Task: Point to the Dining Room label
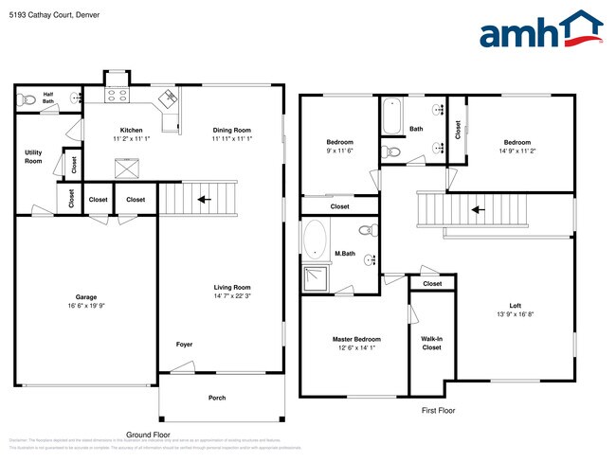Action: pos(231,130)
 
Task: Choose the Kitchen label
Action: pos(131,130)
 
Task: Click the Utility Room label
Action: pos(33,156)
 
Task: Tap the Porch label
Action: pos(217,398)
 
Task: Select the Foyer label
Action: pos(184,344)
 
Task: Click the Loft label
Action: pos(516,305)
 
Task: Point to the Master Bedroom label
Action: pos(356,338)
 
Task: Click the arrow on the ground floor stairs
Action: pos(201,200)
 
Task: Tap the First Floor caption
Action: pos(439,411)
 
